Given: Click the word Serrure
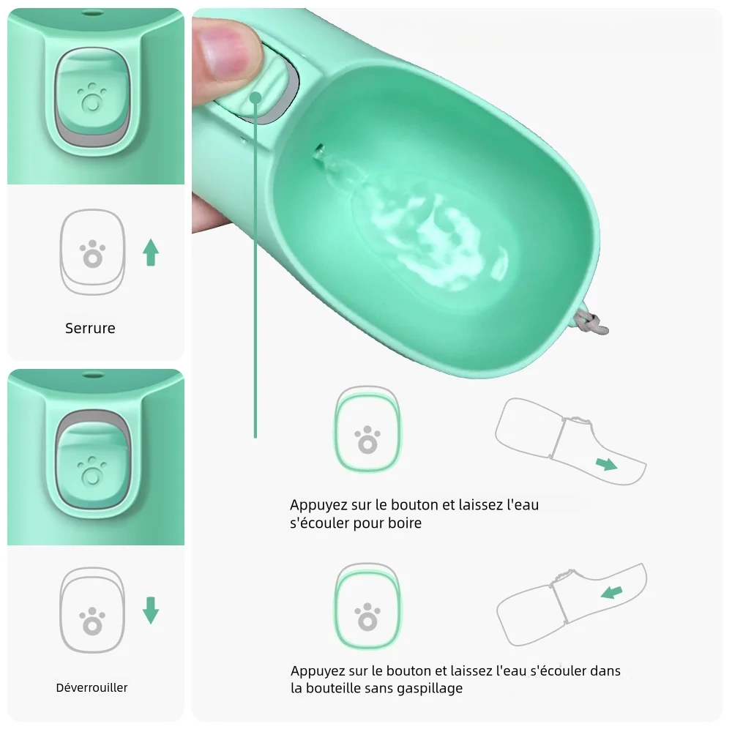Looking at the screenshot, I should click(90, 328).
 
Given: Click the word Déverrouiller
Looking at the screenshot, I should click(91, 687).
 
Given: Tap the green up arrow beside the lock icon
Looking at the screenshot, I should click(151, 252).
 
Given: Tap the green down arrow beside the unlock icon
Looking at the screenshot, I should click(151, 610).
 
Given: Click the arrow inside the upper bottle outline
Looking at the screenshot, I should click(606, 463).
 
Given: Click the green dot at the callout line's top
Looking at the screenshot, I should click(255, 97).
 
